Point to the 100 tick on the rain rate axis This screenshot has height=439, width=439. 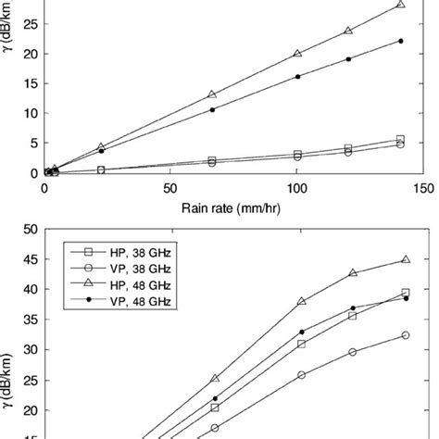(x=296, y=186)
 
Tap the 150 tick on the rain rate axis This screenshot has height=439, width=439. (x=422, y=186)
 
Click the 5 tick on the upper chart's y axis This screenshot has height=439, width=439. (x=31, y=143)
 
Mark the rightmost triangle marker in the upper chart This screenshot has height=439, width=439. (x=401, y=5)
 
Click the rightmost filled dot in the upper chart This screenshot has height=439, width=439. (x=401, y=41)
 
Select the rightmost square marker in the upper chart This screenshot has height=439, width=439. (x=401, y=139)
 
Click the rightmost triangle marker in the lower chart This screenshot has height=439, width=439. (x=406, y=260)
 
